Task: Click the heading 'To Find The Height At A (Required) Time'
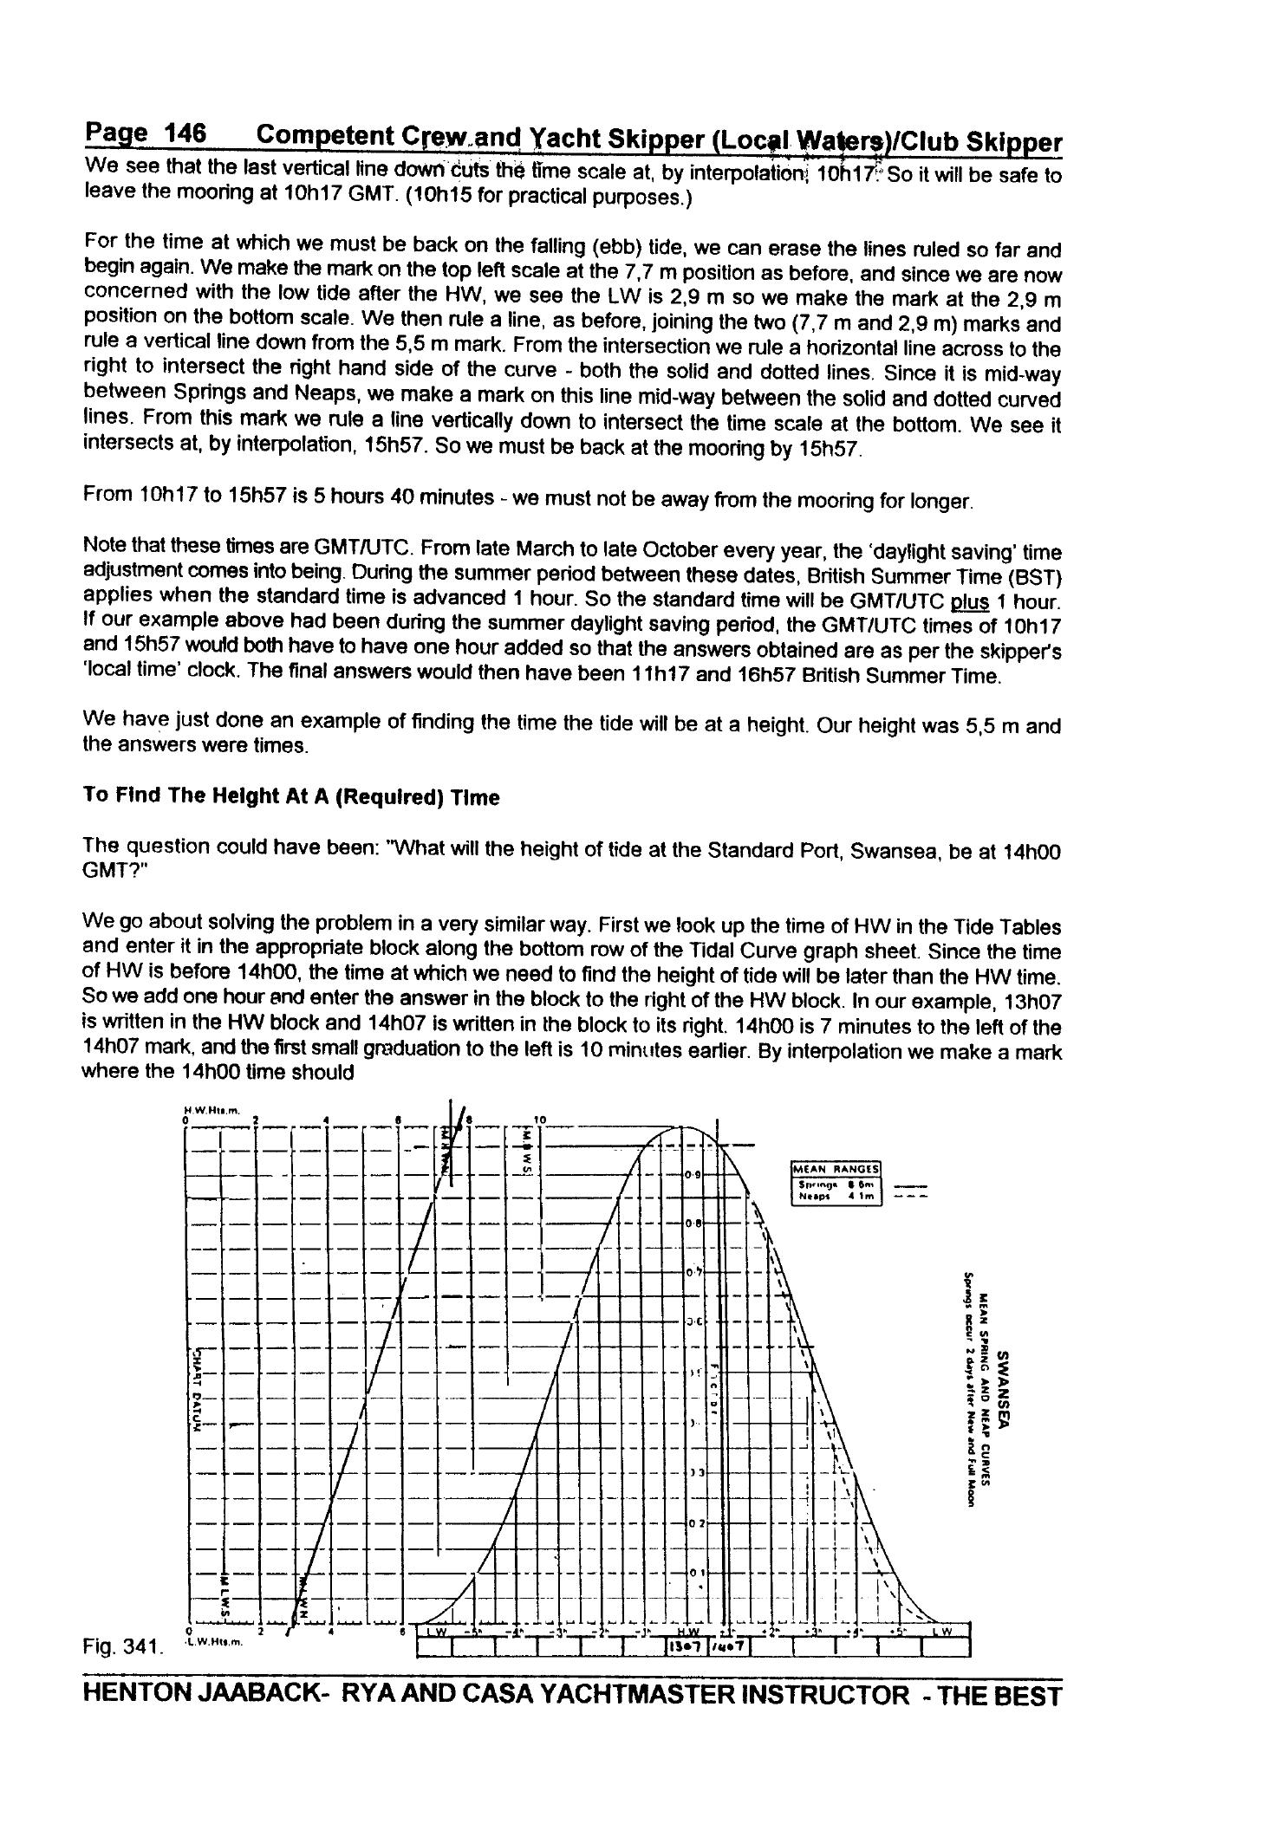click(x=290, y=796)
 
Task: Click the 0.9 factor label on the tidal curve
click(x=692, y=1175)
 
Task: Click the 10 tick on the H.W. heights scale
click(x=539, y=1120)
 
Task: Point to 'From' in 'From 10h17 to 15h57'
click(x=107, y=496)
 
